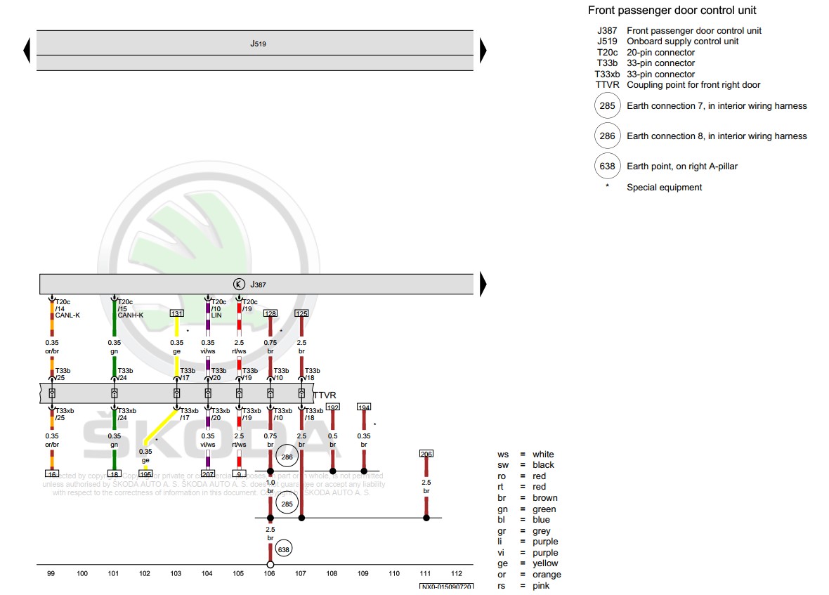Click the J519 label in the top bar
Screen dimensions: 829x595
(x=258, y=44)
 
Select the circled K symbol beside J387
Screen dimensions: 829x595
(x=239, y=285)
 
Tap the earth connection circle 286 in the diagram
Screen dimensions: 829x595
(x=287, y=457)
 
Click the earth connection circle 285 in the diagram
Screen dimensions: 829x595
(x=287, y=503)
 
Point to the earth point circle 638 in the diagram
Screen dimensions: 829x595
(x=284, y=549)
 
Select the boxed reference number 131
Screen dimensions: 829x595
(x=177, y=313)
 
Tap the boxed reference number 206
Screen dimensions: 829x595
(x=426, y=454)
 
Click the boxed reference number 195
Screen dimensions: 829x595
(x=145, y=473)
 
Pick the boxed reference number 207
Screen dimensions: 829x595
(x=208, y=473)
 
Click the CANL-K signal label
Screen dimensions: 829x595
(x=67, y=315)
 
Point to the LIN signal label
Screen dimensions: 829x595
(x=216, y=315)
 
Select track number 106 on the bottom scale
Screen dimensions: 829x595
(x=270, y=574)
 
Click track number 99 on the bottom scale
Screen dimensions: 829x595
(x=51, y=574)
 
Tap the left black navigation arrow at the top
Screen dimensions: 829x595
(x=27, y=50)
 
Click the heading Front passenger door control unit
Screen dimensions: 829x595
(x=672, y=11)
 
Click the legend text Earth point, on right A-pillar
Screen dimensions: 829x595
(x=681, y=166)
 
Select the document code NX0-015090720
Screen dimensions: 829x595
(x=446, y=587)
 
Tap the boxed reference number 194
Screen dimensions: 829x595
(x=364, y=407)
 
